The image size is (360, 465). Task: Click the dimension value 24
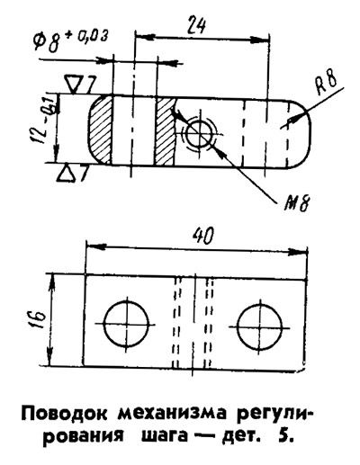tap(196, 25)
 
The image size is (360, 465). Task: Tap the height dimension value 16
tap(39, 319)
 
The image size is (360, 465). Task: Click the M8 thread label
tap(295, 203)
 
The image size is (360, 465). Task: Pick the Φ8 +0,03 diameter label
tap(70, 40)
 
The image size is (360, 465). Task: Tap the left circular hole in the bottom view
tap(127, 323)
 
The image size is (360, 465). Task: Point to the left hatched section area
tap(100, 130)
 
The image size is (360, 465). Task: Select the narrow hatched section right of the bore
tap(165, 131)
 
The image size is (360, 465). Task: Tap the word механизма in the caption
tap(170, 415)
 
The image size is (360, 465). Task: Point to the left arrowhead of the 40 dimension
tap(95, 247)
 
